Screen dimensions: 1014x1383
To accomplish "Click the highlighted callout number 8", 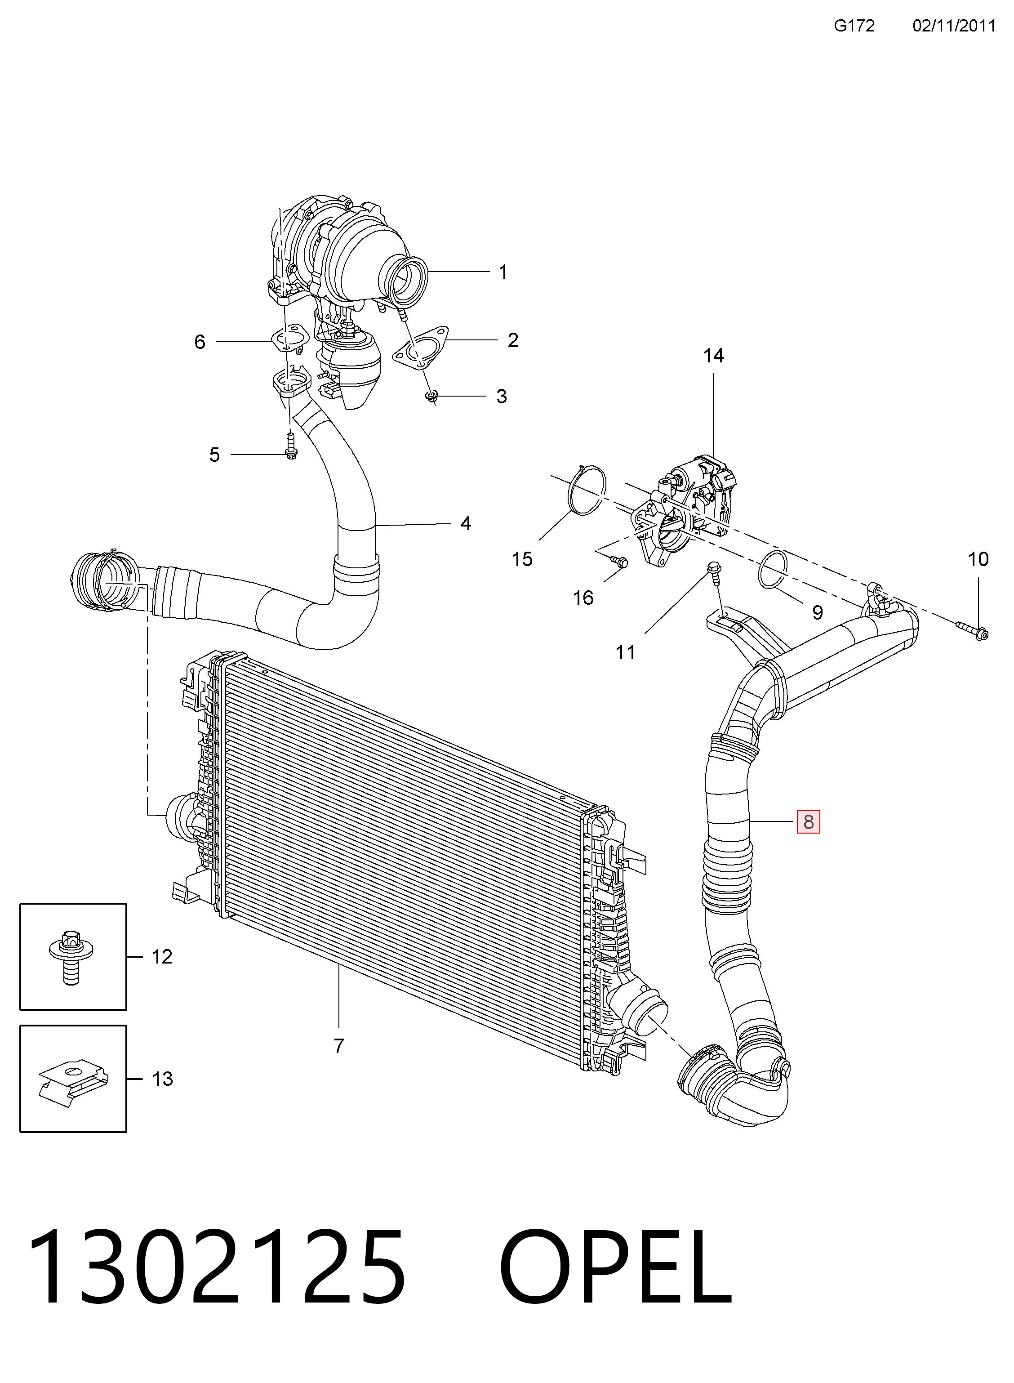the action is pos(808,821).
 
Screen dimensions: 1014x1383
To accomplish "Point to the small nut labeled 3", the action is pos(432,396).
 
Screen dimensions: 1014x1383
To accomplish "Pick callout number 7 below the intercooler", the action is pos(339,1045).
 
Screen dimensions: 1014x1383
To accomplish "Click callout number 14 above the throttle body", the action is pos(713,356).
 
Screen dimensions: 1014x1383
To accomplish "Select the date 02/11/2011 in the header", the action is pos(953,25).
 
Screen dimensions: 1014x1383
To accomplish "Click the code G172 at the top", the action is pos(854,25).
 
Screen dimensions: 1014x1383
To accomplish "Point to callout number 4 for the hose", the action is pos(466,523).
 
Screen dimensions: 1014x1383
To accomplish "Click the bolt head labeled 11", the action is pos(713,568).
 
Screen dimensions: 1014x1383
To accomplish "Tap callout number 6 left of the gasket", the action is pos(200,341).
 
